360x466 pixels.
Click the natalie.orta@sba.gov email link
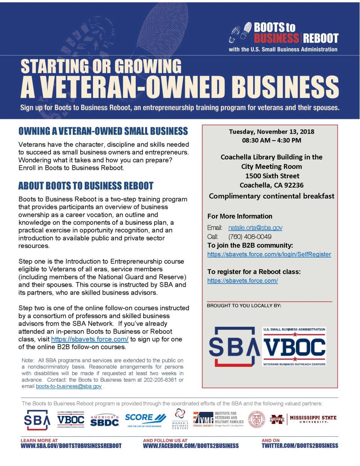255,228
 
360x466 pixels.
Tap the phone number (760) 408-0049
250,237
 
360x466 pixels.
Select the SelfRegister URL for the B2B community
269,254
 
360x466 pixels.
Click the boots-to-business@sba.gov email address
69,386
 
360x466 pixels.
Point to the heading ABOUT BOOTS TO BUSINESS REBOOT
86,186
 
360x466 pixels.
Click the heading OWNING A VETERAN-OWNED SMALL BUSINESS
103,131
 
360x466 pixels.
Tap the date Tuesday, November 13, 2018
271,132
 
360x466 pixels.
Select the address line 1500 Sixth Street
272,176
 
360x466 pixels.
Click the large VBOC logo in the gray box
294,347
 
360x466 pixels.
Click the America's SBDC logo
105,421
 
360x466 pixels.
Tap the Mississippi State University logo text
313,419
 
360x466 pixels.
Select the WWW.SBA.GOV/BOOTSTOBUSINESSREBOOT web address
71,446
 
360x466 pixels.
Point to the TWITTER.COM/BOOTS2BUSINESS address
300,446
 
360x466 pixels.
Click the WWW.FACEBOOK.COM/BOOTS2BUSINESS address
190,446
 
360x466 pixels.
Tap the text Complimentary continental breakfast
271,196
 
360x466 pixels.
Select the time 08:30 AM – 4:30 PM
271,141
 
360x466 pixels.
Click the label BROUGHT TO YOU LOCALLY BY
244,306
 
